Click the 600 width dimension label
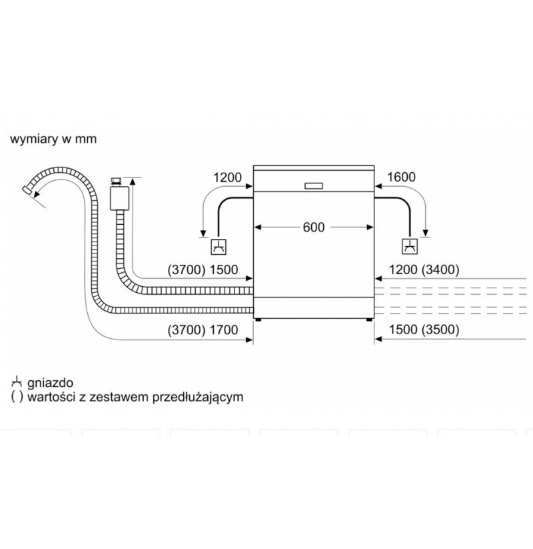click(313, 227)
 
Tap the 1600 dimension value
click(401, 177)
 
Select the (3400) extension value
click(440, 269)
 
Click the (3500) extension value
click(440, 330)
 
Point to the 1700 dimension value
click(224, 330)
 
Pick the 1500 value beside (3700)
click(224, 270)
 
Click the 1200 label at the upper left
click(227, 177)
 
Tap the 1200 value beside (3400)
click(403, 269)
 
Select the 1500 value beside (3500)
click(403, 330)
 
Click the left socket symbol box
click(219, 247)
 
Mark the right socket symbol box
click(410, 247)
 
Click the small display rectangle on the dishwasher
click(313, 186)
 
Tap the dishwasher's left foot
click(259, 320)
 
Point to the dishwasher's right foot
click(369, 320)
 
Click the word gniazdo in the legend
click(51, 383)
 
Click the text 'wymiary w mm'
click(53, 139)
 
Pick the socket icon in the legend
click(17, 382)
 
